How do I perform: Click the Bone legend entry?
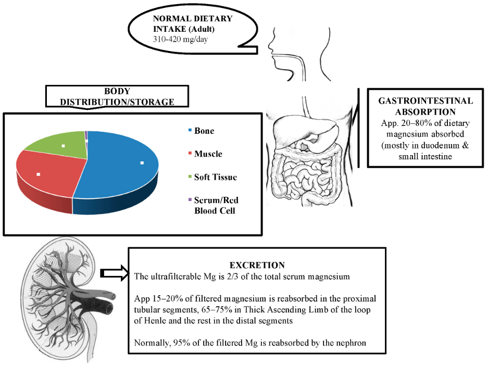coord(204,130)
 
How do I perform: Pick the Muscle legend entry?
coord(208,154)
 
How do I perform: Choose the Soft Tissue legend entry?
coord(215,177)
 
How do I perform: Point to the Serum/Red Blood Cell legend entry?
coord(216,205)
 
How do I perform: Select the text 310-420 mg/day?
coord(180,39)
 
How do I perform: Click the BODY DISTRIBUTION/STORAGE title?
coord(117,97)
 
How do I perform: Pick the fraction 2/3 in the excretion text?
coord(243,276)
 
